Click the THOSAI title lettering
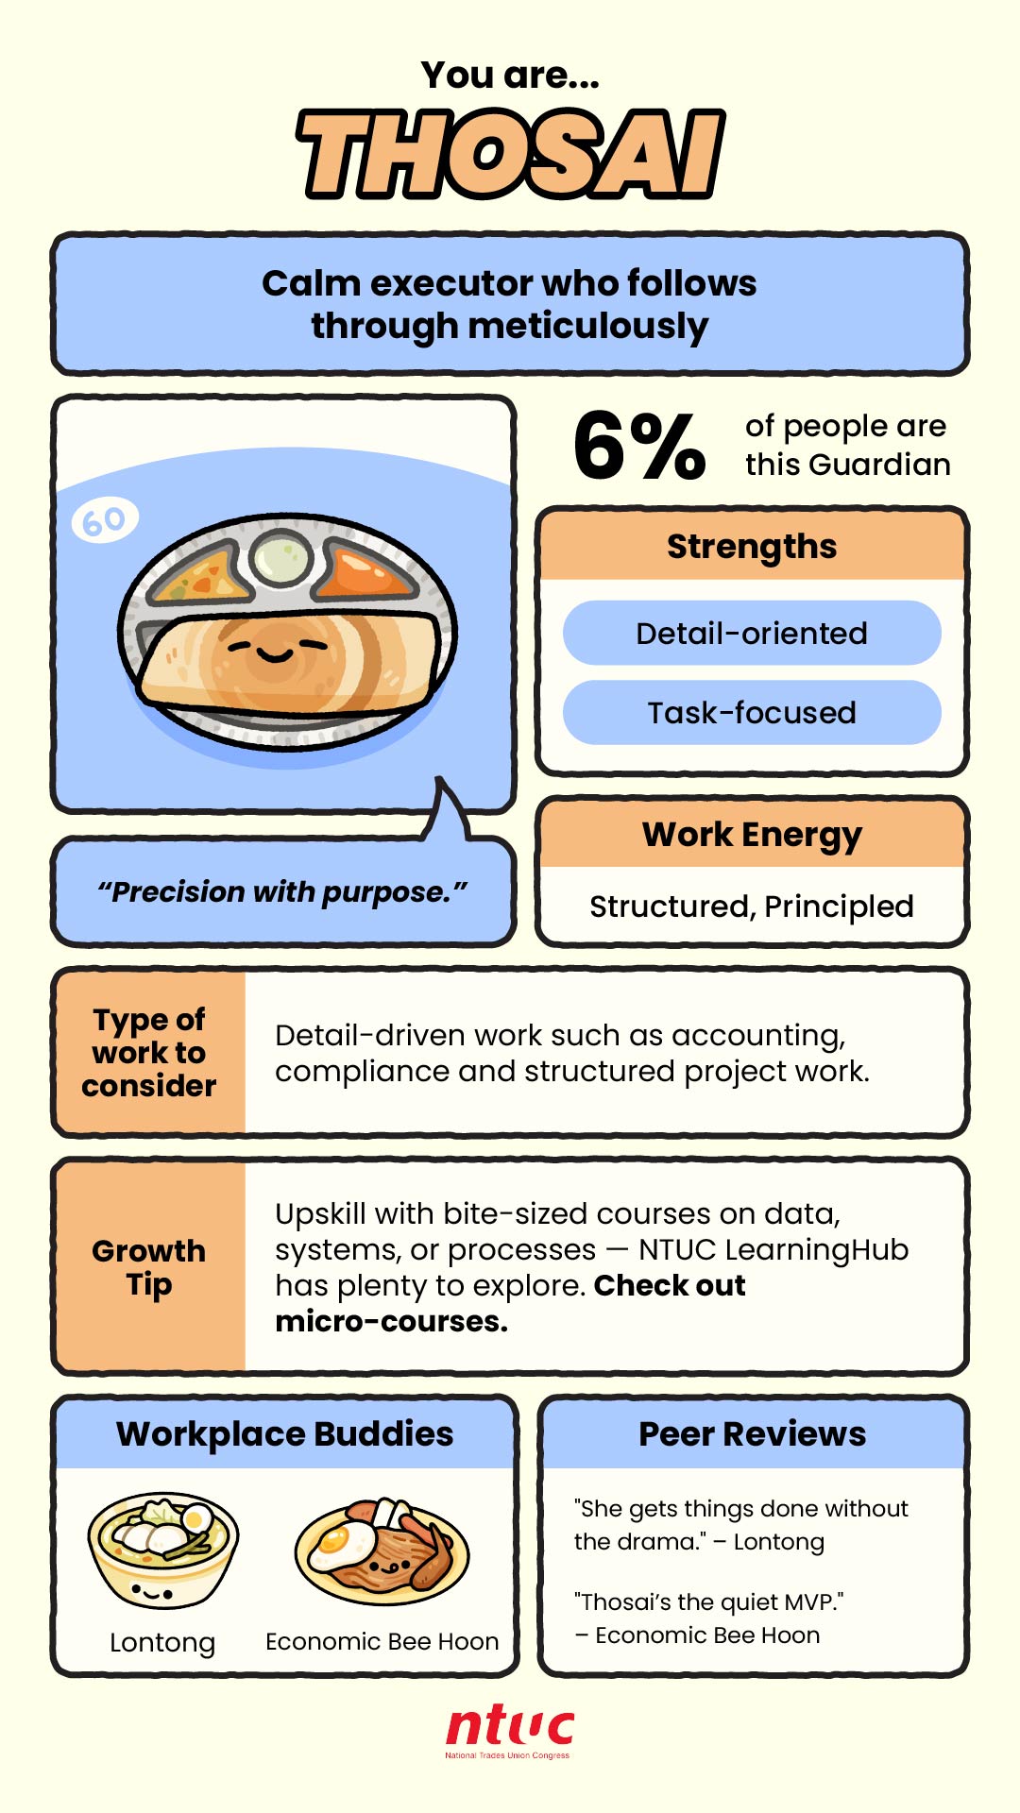pos(511,154)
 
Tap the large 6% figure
pos(639,445)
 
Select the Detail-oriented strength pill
pos(752,633)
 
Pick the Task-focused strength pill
pos(752,712)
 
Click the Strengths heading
pos(752,547)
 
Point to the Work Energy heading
pos(752,835)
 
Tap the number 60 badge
pos(105,520)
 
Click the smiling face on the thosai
pos(277,649)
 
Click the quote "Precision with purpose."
pos(282,891)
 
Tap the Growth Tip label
pos(149,1267)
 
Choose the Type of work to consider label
pos(149,1052)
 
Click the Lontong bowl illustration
pos(163,1550)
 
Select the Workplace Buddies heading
pos(285,1433)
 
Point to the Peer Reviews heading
pos(753,1433)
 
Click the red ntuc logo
pos(510,1732)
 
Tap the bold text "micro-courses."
pos(392,1321)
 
